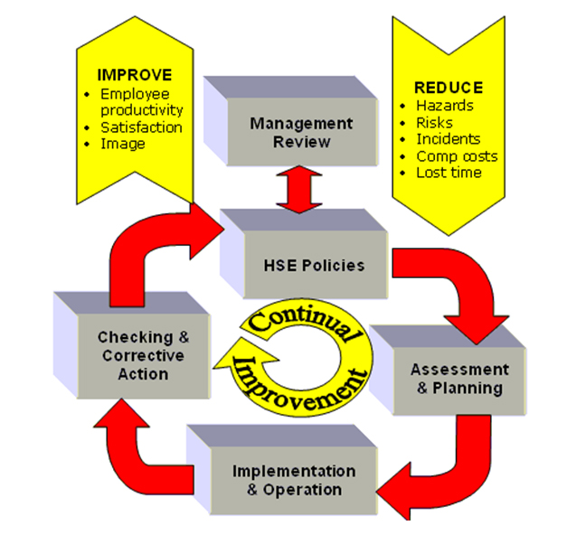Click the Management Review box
(290, 133)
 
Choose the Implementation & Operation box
(281, 480)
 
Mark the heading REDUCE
(448, 88)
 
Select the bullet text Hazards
(445, 105)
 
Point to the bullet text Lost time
(449, 172)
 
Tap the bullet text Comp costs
(457, 155)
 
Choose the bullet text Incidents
(449, 138)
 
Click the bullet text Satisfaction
(141, 127)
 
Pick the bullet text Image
(123, 143)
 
